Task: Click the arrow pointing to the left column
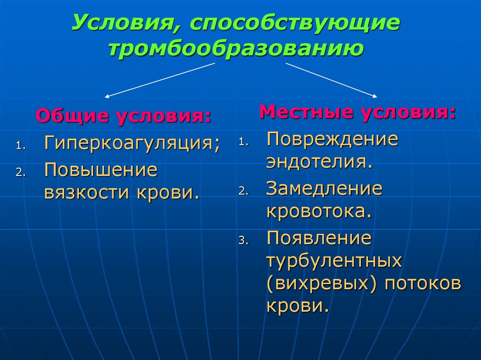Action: click(160, 80)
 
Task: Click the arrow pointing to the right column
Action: click(331, 80)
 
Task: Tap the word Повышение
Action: click(101, 170)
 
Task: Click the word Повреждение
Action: click(333, 139)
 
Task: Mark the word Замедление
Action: click(325, 189)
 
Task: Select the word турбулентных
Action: click(334, 261)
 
